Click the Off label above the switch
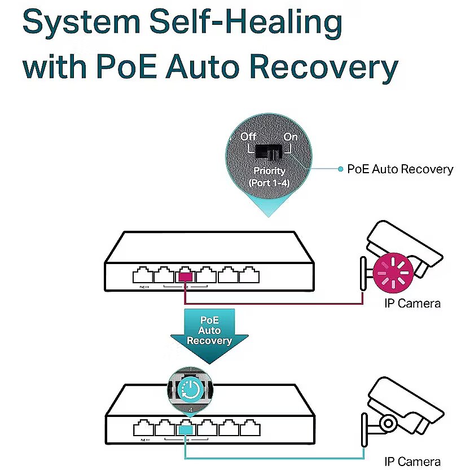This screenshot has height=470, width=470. [248, 137]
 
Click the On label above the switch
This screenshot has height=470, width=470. [290, 137]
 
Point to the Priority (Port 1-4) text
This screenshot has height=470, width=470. [269, 177]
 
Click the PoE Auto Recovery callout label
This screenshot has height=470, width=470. [400, 169]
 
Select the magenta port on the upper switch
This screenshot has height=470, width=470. [185, 276]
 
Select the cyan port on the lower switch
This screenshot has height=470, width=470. [185, 429]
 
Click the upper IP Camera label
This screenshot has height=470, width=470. [412, 304]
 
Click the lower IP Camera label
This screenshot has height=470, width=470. [412, 461]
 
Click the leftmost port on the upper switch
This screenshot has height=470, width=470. [142, 276]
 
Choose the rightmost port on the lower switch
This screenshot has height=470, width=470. [249, 429]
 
